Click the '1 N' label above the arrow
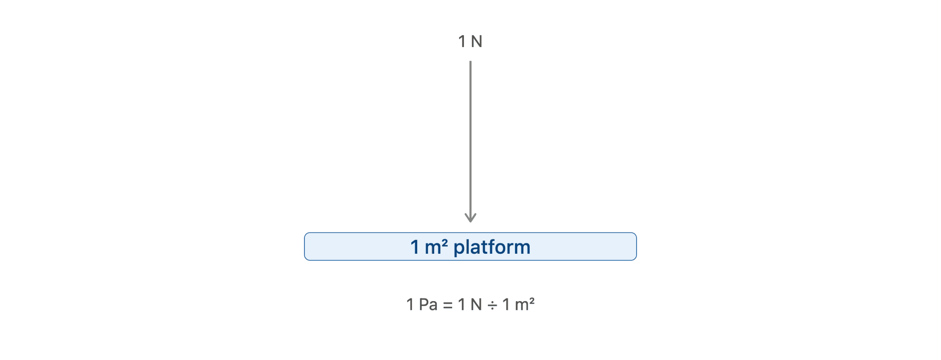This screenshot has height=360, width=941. coord(470,42)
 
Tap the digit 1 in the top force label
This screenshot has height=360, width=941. coord(462,42)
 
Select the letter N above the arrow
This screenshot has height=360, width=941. coord(477,42)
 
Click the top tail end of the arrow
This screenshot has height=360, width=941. coord(470,61)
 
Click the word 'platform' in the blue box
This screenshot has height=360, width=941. coord(492,247)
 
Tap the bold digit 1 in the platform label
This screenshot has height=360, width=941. coord(415,247)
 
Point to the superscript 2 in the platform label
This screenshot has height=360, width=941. coord(445,243)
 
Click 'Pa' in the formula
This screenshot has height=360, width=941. coord(428,304)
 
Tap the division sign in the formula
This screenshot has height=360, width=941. coord(492,306)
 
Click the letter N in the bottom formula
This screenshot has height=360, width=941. coord(476,304)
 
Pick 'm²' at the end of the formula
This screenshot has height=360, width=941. coord(525,304)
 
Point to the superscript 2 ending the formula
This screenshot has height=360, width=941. coord(532,300)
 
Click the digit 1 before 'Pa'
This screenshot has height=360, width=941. coord(410,304)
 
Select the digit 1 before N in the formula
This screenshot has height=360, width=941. coord(462,304)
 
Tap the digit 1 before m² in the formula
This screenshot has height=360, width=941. coord(506,304)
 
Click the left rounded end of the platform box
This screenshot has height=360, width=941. coord(305,246)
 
